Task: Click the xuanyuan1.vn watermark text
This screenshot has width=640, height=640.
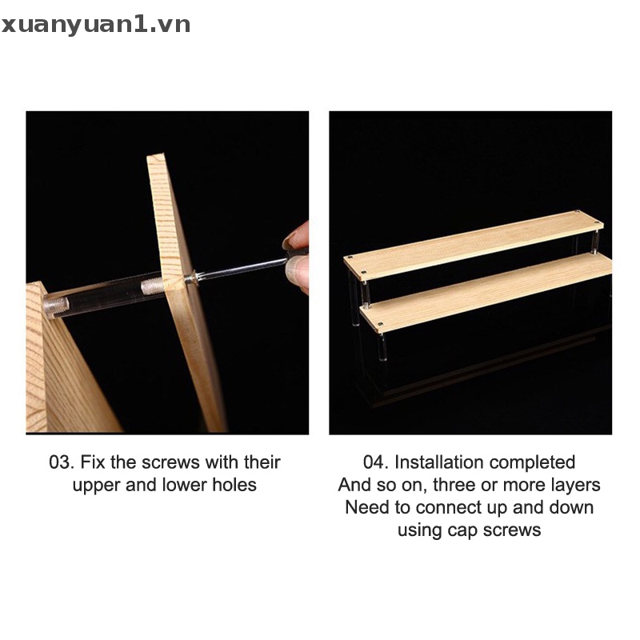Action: [96, 25]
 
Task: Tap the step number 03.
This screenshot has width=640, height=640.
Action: [61, 462]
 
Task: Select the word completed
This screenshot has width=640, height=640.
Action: [532, 462]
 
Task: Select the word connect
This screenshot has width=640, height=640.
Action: [444, 507]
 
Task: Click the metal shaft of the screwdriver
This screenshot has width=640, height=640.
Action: [240, 268]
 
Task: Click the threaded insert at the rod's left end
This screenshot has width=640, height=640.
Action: [56, 305]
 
